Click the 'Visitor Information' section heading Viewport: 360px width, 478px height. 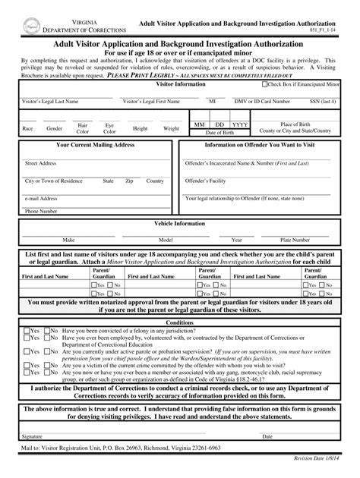point(180,84)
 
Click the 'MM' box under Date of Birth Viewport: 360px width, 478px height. point(199,124)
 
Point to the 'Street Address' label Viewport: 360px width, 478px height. point(40,163)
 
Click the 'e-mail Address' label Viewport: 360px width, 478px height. point(42,198)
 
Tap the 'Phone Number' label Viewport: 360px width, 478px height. point(41,212)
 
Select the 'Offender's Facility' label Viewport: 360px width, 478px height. point(207,181)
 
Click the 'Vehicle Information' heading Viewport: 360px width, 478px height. point(180,225)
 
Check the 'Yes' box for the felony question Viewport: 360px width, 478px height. point(27,331)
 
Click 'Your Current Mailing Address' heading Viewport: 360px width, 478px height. point(96,144)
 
